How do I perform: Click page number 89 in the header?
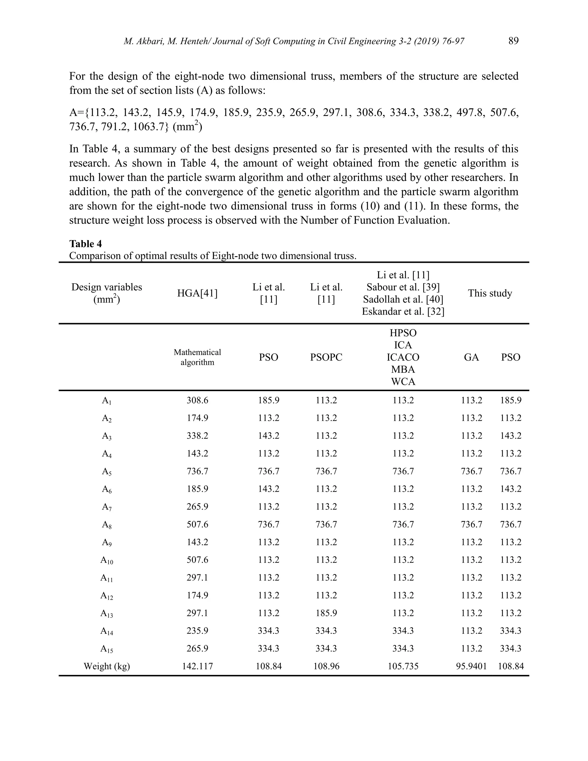point(513,41)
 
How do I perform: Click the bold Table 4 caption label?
point(85,244)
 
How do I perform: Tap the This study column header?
point(490,293)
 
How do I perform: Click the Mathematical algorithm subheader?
point(197,357)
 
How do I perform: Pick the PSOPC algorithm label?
point(326,357)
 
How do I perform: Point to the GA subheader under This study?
point(471,357)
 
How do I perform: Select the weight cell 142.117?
point(197,666)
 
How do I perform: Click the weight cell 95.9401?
point(471,666)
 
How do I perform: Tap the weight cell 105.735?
point(403,666)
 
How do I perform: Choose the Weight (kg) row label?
point(107,666)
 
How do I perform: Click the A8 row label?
point(107,524)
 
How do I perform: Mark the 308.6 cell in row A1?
point(197,400)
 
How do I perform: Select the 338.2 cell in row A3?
point(197,436)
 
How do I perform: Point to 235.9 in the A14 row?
point(197,631)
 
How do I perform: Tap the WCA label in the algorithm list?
point(403,382)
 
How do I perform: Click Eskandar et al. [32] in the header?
point(403,311)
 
